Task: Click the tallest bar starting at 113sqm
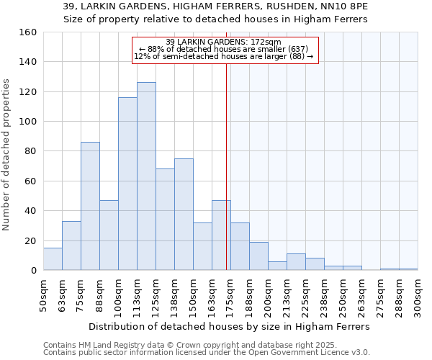point(146,176)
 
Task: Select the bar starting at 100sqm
point(127,184)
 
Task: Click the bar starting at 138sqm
point(184,215)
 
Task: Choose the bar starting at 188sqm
point(258,256)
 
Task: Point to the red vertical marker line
point(226,173)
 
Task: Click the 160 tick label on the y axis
point(27,32)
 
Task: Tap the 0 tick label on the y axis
point(33,270)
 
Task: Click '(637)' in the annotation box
point(297,49)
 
